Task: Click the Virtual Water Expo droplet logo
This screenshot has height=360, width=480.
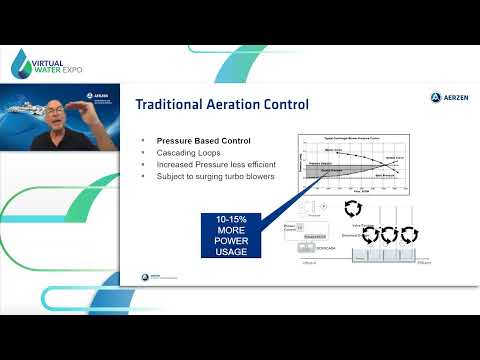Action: click(x=23, y=63)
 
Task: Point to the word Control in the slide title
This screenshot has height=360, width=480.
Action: click(x=288, y=104)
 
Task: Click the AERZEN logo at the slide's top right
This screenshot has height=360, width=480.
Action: click(x=442, y=98)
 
